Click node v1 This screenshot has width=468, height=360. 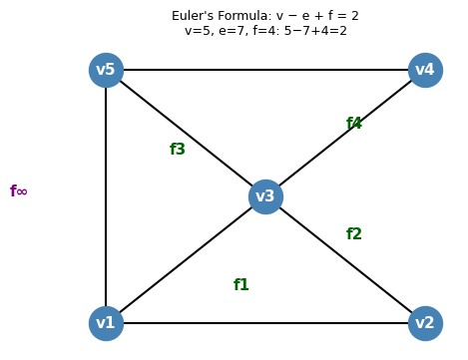pos(106,323)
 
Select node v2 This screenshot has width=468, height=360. pos(425,323)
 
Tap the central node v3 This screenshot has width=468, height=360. pos(265,196)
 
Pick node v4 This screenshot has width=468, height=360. pos(425,70)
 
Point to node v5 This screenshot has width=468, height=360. pos(106,70)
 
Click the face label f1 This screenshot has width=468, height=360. pos(241,285)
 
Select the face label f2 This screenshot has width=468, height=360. pos(354,234)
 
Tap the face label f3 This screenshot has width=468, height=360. pos(178,150)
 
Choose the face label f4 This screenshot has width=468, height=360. pos(354,124)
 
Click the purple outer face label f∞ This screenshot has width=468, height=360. pos(19,191)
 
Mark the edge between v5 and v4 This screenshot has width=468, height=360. pos(265,70)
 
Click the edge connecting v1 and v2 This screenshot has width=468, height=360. pos(265,323)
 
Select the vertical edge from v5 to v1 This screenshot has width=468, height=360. pos(106,196)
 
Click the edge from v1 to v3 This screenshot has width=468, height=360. pos(186,260)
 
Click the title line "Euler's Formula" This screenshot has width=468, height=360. pos(264,16)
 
